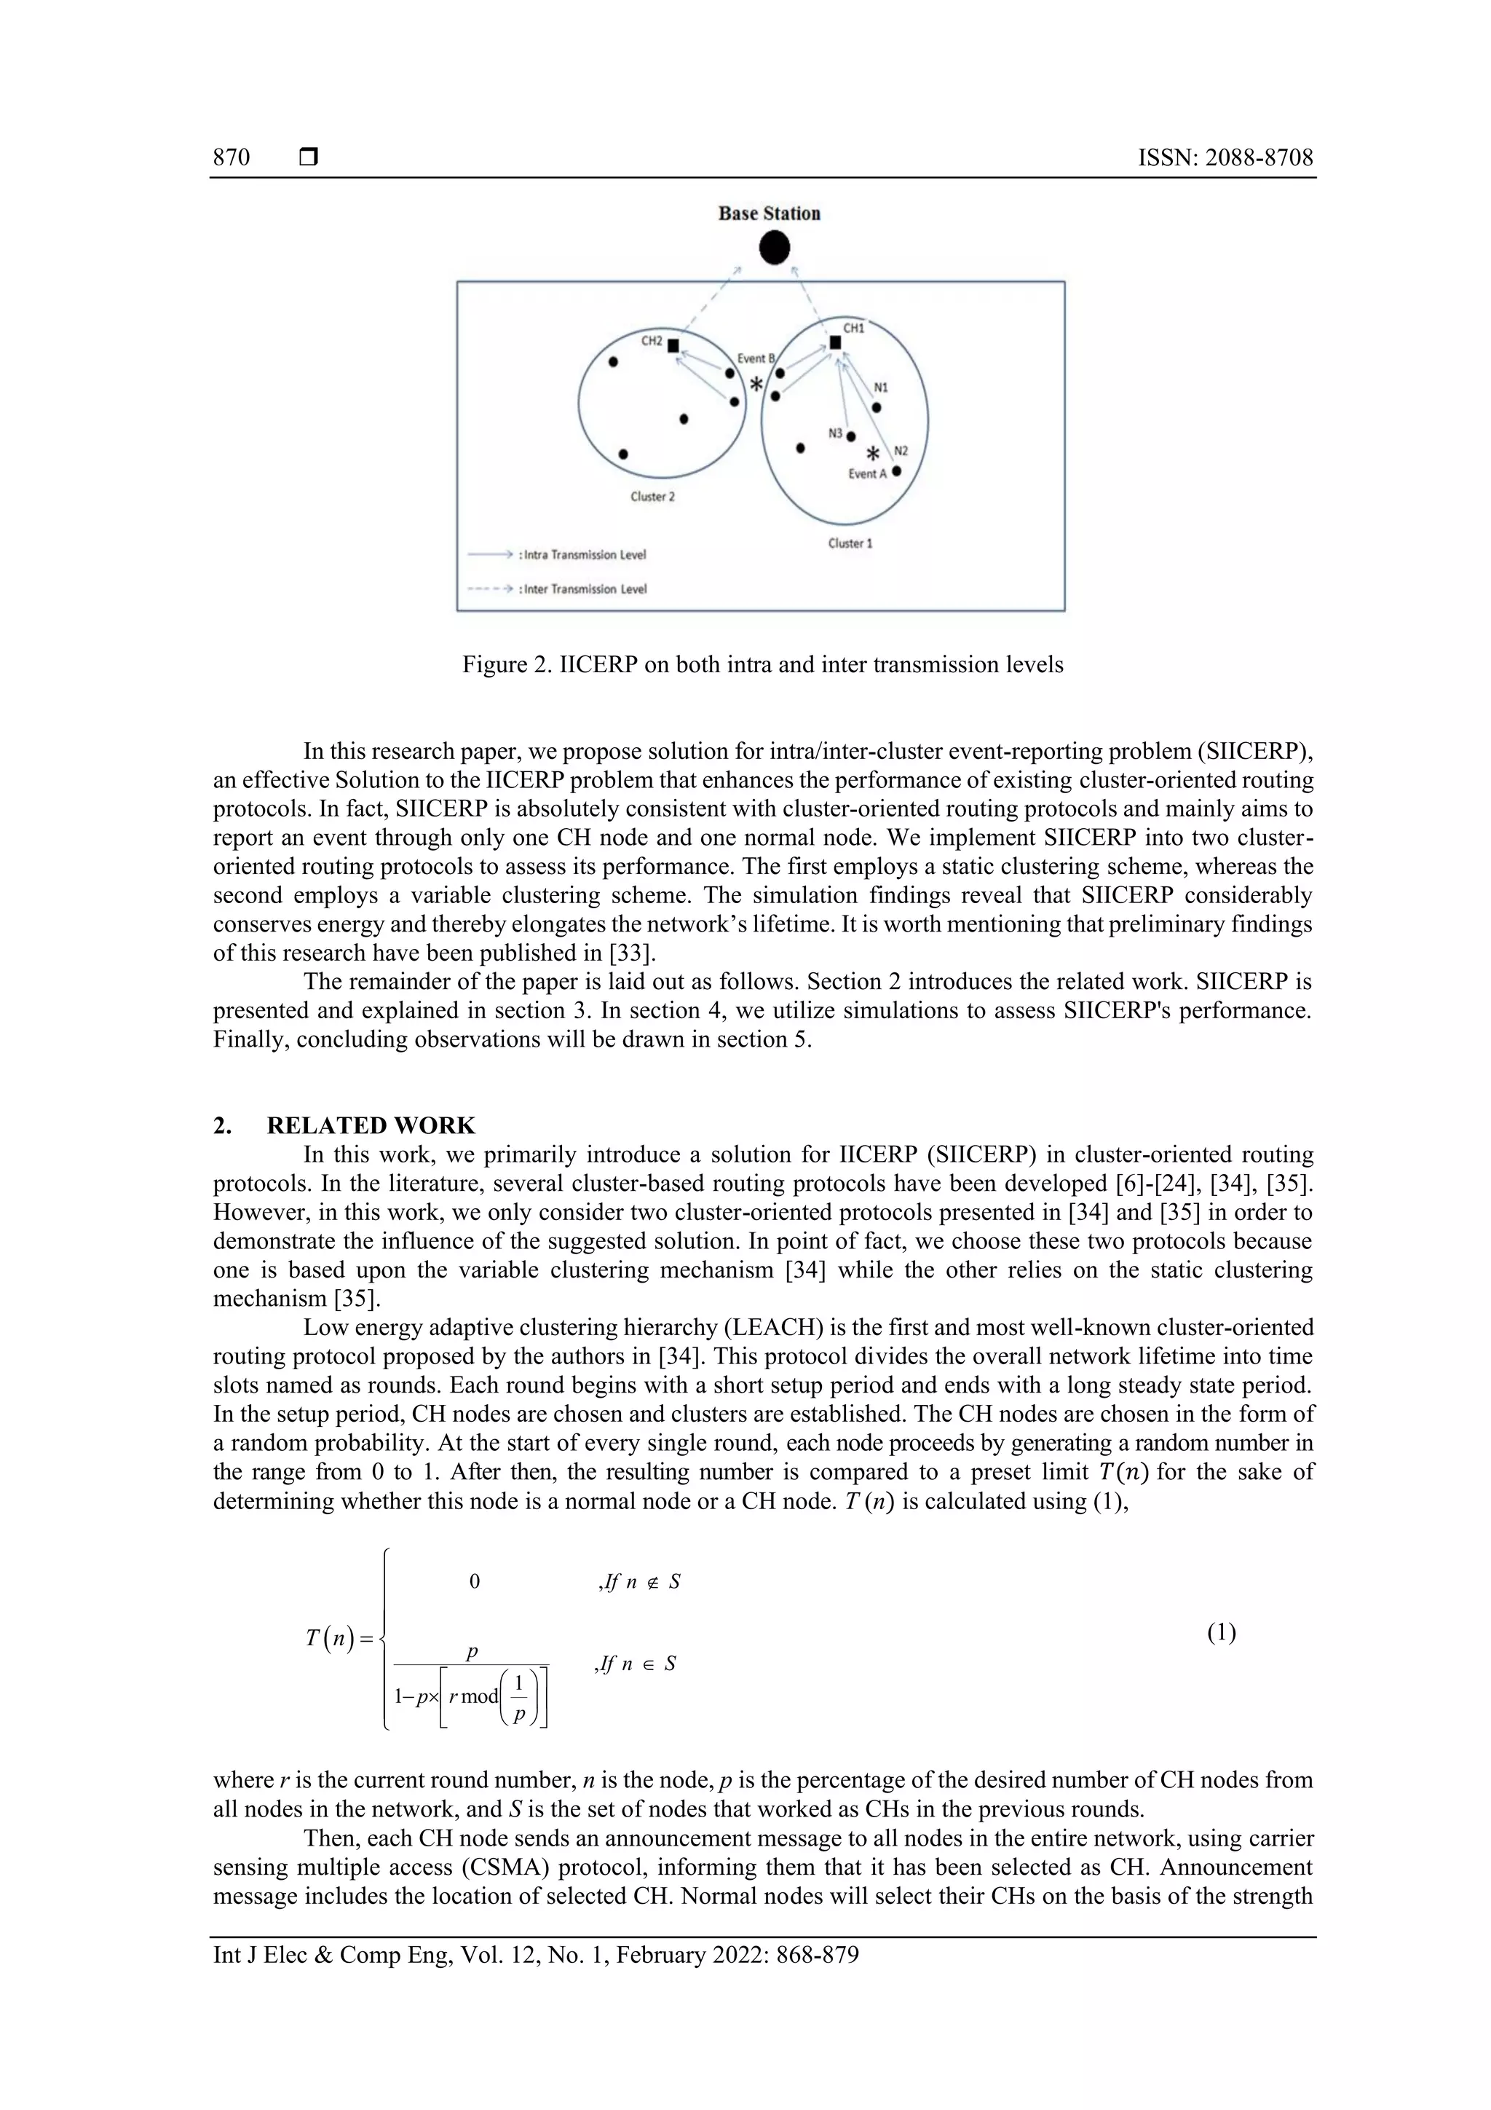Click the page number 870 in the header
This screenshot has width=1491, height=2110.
232,157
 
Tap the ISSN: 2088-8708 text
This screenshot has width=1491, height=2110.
1225,157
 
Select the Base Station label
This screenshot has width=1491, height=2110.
769,213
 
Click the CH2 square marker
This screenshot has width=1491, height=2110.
673,345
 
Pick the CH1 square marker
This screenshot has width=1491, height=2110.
835,343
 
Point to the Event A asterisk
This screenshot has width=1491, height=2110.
874,453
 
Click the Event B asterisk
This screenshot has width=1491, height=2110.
756,384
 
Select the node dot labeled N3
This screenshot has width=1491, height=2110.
850,436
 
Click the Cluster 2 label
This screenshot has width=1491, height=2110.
652,496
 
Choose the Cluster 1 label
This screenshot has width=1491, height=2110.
850,543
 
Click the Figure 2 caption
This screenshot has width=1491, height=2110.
762,664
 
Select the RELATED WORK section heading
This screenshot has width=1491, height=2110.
371,1126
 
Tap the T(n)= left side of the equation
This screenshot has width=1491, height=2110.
339,1639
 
